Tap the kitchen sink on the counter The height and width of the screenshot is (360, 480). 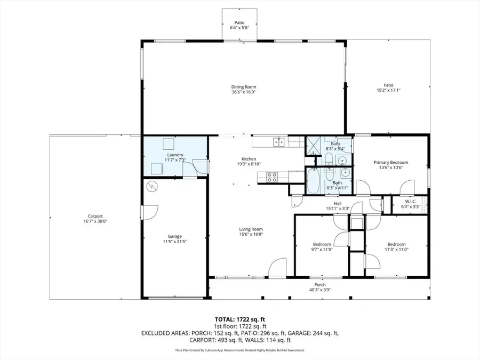278,142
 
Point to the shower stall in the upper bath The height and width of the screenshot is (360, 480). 313,145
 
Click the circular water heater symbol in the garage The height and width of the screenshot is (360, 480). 153,187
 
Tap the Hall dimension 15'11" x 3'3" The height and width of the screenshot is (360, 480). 338,209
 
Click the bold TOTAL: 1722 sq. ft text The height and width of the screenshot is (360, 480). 239,319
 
